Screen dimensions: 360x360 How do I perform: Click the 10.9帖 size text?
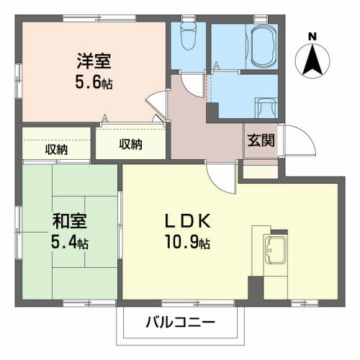click(x=186, y=241)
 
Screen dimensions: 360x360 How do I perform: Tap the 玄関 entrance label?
click(x=261, y=141)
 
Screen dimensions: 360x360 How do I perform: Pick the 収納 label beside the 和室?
click(x=57, y=149)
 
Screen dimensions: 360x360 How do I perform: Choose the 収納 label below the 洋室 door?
click(x=130, y=144)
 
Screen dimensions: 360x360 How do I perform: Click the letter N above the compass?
click(x=311, y=37)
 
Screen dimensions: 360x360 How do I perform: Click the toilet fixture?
click(x=188, y=36)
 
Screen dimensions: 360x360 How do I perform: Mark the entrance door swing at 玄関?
click(x=297, y=142)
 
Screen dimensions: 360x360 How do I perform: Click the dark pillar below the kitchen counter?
click(x=256, y=287)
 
